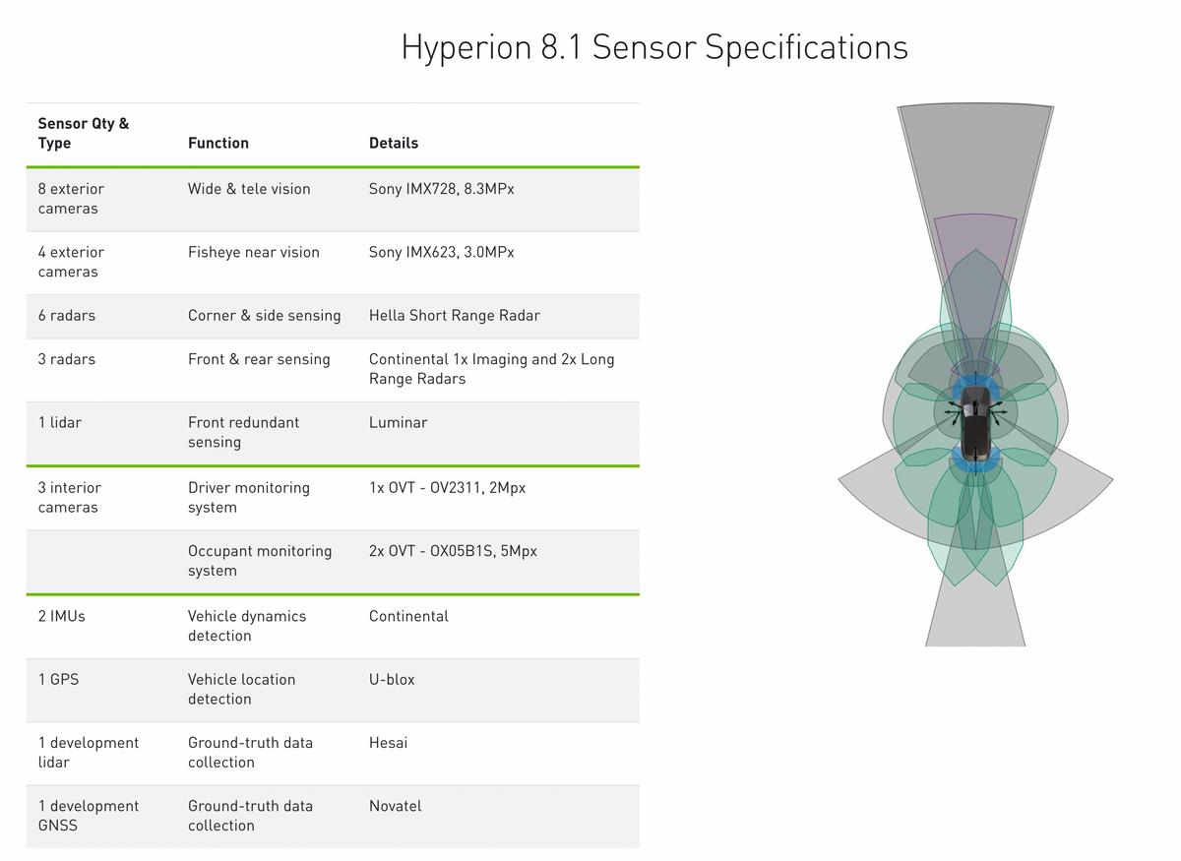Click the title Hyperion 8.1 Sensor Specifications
coord(654,47)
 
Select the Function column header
coord(218,143)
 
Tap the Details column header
coord(394,143)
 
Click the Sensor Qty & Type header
coord(84,133)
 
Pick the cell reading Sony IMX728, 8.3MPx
coord(441,189)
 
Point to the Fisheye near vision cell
coord(254,252)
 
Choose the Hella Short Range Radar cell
coord(455,315)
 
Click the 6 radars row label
coord(67,315)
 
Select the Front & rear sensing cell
coord(259,359)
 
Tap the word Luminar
coord(398,422)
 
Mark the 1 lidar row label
coord(60,422)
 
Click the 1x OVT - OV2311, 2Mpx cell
coord(447,488)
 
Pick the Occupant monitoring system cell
coord(260,561)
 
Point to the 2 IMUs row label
coord(61,616)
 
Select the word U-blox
coord(392,679)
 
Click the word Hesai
coord(388,742)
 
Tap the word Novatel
coord(396,806)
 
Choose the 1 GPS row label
coord(58,679)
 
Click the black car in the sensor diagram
coord(975,423)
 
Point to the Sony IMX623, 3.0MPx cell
coord(441,252)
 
